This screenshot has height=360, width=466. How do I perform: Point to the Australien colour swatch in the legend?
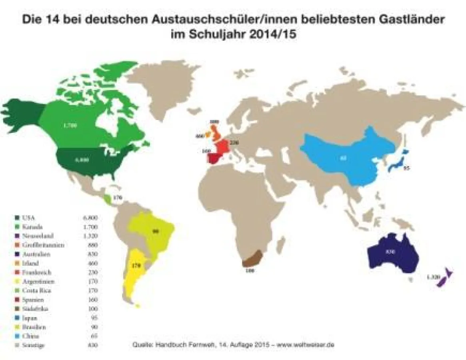coord(17,254)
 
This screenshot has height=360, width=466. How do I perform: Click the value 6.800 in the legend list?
coord(90,218)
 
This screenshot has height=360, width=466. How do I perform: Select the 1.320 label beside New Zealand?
coord(434,277)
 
